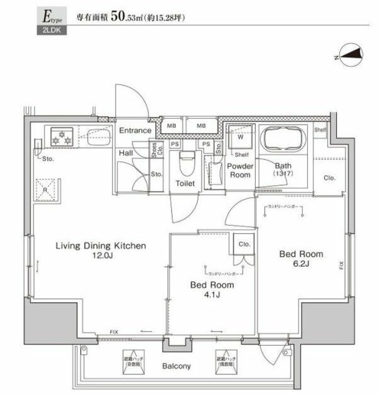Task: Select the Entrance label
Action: tap(135, 131)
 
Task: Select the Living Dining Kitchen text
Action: tap(101, 246)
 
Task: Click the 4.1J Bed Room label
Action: tap(212, 290)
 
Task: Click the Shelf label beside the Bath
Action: tap(320, 130)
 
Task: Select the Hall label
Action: tap(124, 152)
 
